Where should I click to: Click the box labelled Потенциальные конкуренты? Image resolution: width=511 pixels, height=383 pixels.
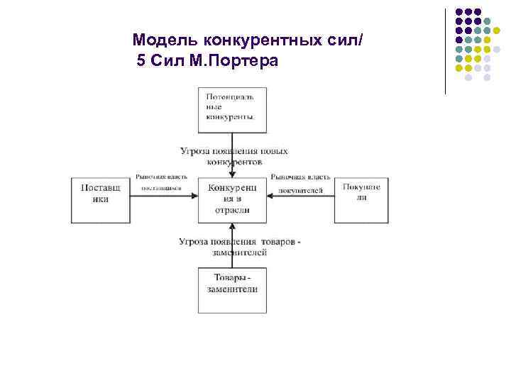[232, 109]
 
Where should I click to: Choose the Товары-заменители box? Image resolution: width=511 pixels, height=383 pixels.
[232, 289]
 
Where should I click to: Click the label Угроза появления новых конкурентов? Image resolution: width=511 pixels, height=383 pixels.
[233, 156]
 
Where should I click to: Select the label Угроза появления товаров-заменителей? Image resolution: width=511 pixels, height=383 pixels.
[240, 246]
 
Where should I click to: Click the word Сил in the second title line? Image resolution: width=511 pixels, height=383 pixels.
[168, 61]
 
